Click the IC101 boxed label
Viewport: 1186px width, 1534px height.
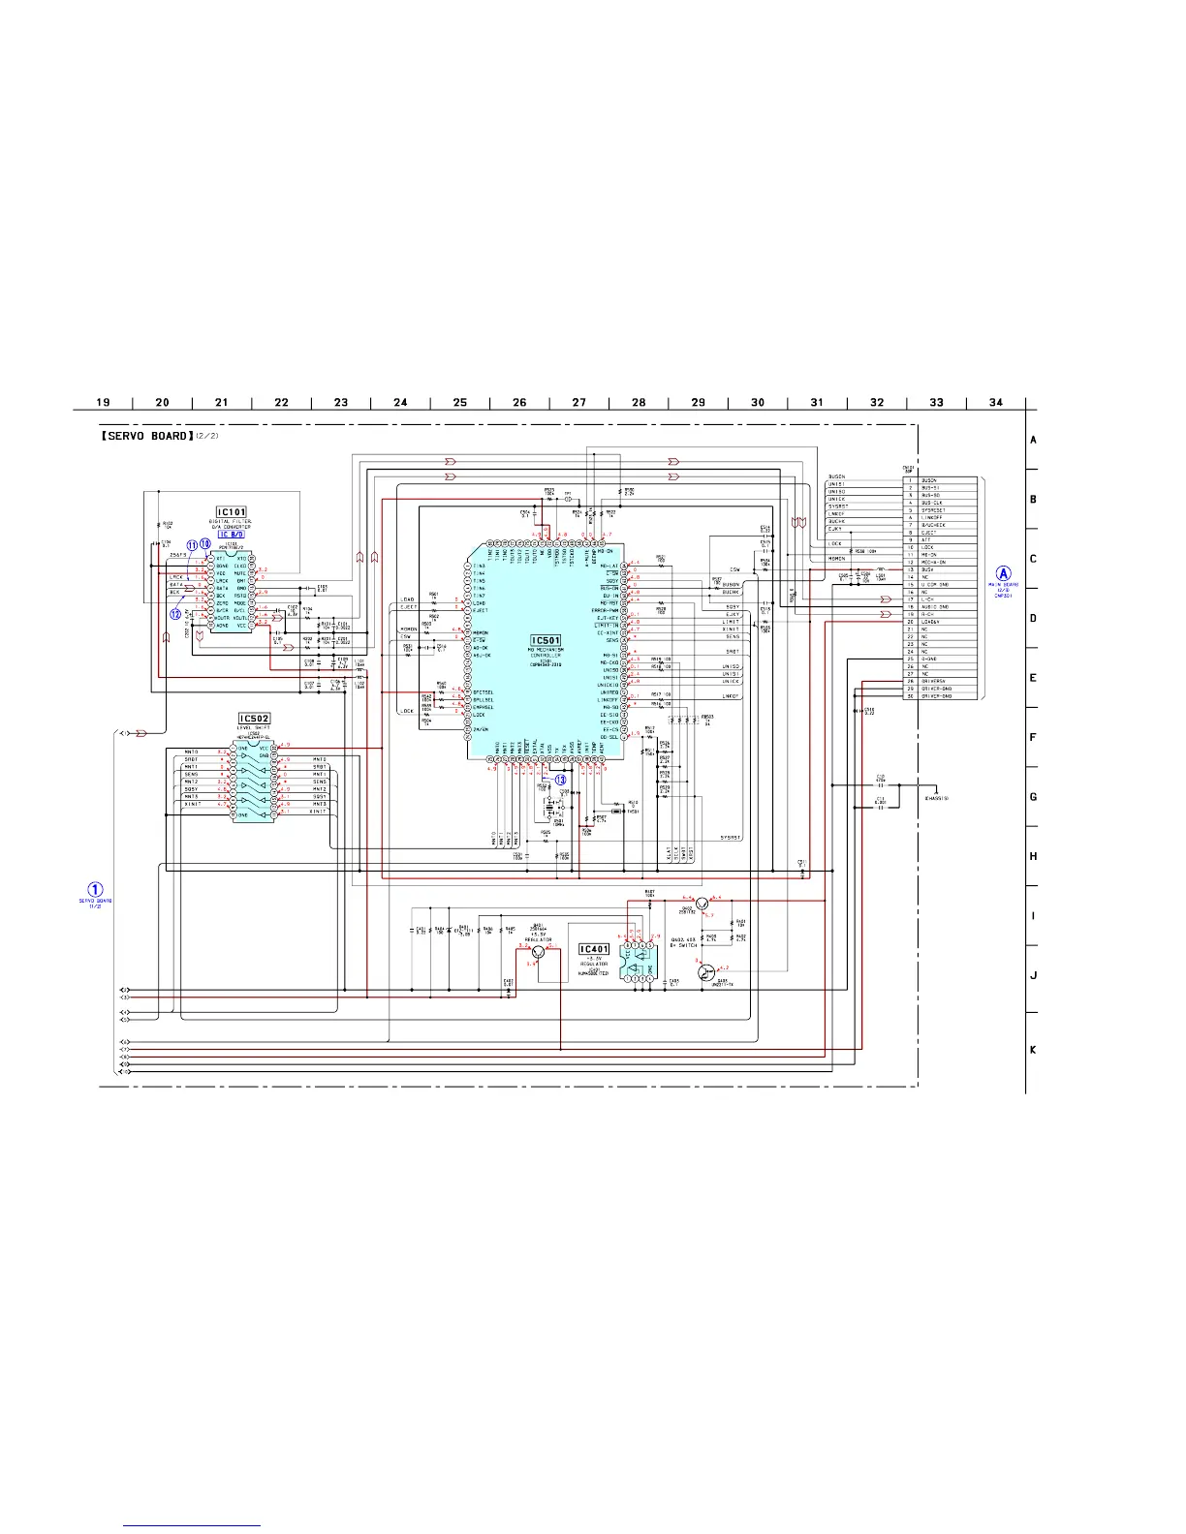coord(231,512)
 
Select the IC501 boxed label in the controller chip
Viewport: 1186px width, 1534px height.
coord(546,640)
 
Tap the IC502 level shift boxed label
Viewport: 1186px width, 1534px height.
coord(254,719)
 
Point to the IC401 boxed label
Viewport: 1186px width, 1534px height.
coord(594,950)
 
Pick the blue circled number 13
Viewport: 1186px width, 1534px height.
coord(560,780)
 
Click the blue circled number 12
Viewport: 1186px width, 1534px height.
coord(175,613)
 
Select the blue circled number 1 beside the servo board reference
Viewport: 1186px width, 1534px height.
coord(95,888)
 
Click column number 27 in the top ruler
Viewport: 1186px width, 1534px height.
coord(578,402)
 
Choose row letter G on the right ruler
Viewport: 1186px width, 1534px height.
coord(1033,797)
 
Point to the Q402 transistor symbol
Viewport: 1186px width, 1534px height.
coord(702,903)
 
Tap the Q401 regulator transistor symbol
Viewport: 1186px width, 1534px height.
coord(552,952)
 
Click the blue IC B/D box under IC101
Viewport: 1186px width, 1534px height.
coord(231,534)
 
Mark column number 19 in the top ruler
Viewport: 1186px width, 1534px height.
coord(103,402)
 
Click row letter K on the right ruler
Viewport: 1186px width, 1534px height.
coord(1033,1050)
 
